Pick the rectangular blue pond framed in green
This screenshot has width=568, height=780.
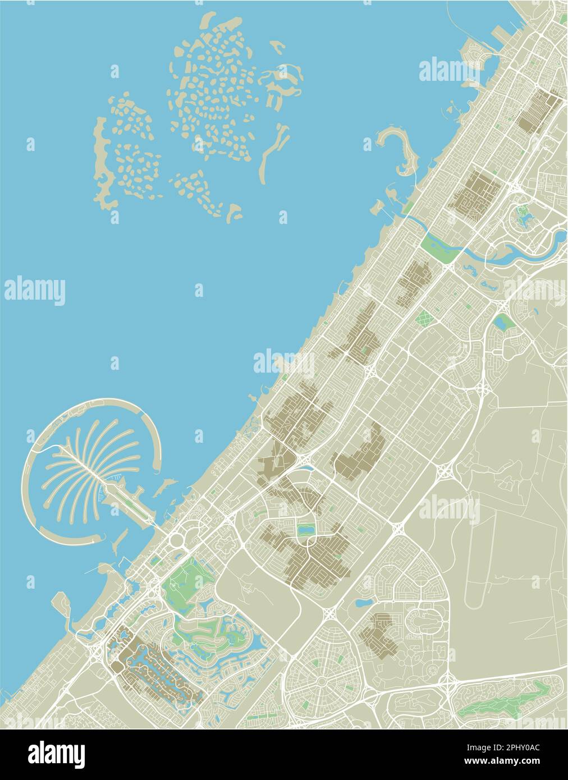306,529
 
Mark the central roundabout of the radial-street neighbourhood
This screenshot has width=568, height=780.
322,680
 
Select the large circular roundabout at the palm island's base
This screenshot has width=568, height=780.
177,540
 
